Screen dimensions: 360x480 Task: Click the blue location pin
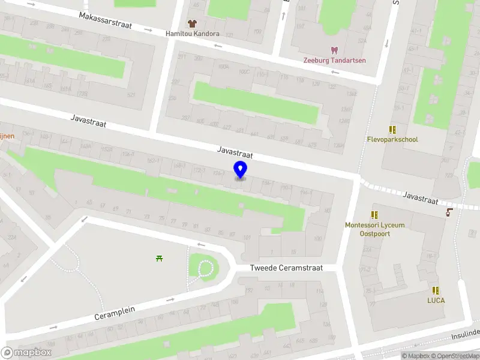[240, 170]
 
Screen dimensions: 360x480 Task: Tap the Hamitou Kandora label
[193, 34]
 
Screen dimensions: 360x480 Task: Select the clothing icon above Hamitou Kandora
[192, 23]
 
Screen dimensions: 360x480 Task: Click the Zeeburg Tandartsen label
[335, 60]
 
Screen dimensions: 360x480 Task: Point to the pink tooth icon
[335, 50]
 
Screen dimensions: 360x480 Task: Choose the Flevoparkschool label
[392, 139]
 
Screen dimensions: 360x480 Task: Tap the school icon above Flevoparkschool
[392, 129]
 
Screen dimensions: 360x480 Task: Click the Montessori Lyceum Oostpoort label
[375, 229]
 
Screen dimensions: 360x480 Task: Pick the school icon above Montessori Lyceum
[375, 215]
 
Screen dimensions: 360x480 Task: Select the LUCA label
[436, 300]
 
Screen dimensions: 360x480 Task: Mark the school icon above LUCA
[436, 290]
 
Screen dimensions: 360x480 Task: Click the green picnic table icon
[160, 259]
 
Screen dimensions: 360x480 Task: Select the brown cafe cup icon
[449, 212]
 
